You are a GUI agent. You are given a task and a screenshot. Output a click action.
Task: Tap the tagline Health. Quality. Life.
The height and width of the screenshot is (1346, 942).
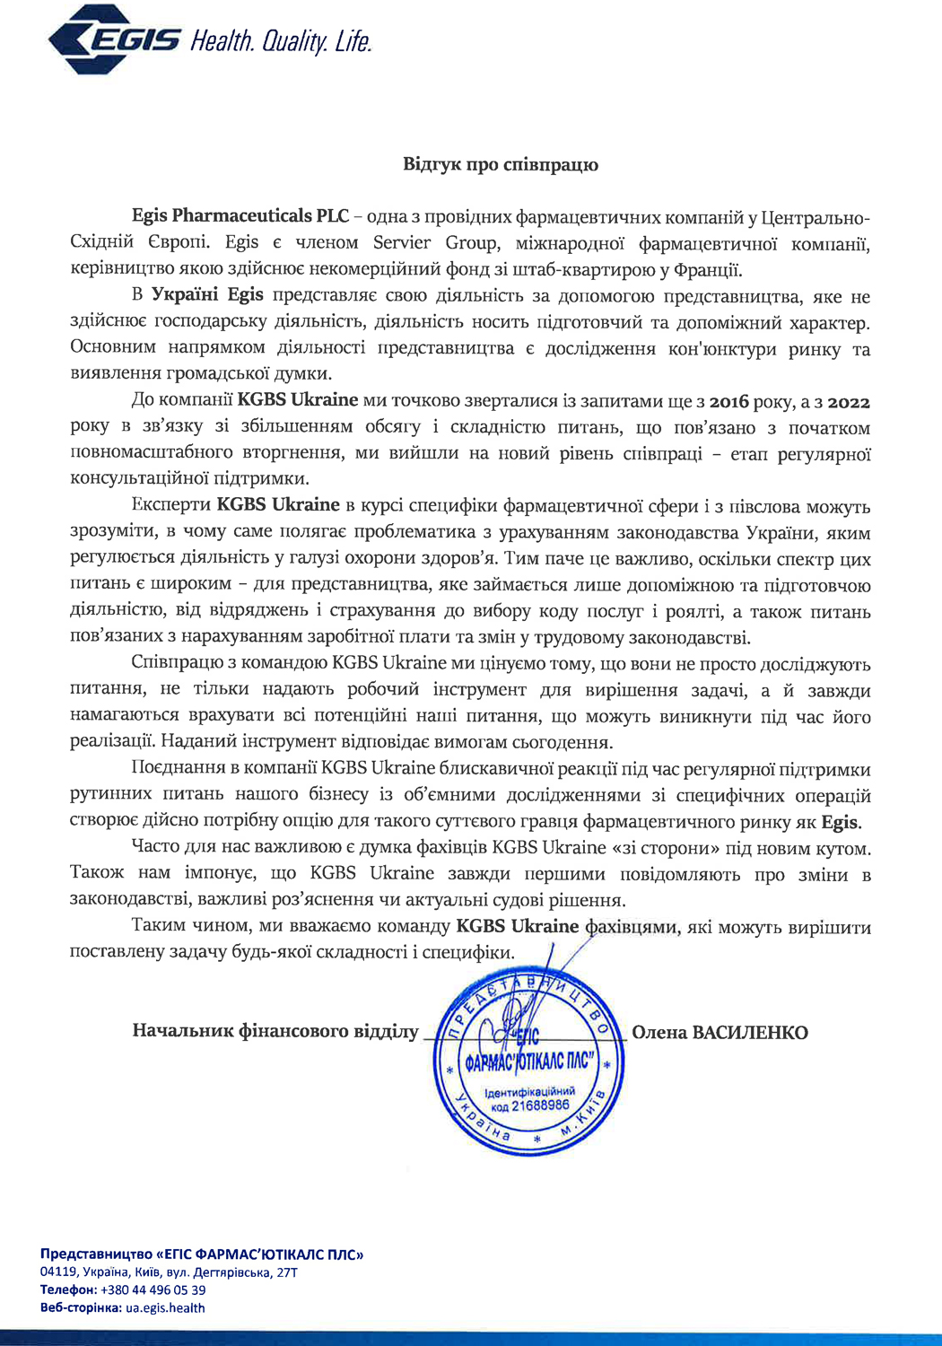280,40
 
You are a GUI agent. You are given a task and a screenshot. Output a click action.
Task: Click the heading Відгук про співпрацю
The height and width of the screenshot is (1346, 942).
500,164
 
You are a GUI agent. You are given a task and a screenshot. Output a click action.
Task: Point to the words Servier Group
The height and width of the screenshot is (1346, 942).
435,242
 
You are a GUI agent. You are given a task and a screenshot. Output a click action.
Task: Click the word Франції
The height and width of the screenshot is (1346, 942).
709,268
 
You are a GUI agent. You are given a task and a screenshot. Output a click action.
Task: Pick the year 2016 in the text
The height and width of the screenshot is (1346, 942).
735,401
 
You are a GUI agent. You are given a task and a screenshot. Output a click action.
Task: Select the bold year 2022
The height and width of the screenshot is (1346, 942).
848,401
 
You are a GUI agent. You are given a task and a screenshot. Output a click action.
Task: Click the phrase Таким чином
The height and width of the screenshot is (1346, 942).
176,926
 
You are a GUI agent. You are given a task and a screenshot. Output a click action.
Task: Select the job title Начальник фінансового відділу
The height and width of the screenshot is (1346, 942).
275,1031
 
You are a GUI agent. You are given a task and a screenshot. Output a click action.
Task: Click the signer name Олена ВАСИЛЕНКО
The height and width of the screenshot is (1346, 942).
720,1032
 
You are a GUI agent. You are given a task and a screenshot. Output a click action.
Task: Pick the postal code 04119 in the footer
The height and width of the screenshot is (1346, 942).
57,1272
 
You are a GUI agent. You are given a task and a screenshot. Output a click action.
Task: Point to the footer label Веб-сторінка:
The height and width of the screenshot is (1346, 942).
81,1307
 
